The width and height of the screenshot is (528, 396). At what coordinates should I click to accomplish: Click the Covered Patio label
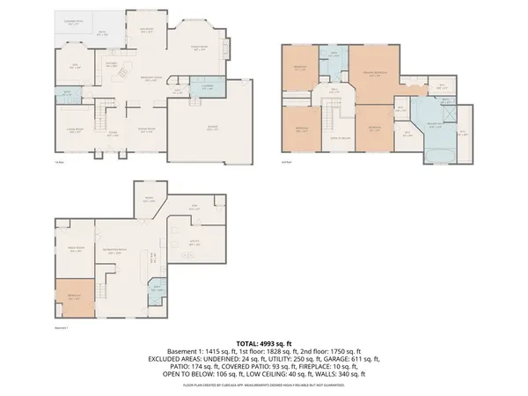pyautogui.click(x=73, y=21)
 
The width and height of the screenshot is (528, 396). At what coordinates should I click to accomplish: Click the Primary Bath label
pyautogui.click(x=435, y=126)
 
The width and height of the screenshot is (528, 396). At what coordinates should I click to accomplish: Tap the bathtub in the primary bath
pyautogui.click(x=437, y=155)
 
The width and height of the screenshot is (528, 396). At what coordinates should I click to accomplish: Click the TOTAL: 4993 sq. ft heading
pyautogui.click(x=264, y=342)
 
